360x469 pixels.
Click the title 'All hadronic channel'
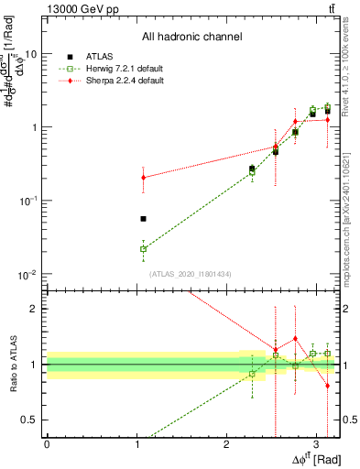pos(191,38)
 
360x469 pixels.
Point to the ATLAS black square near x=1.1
pos(143,219)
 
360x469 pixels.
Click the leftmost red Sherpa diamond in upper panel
pos(143,178)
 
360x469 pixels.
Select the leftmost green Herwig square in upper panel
pos(143,248)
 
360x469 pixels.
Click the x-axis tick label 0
pos(47,442)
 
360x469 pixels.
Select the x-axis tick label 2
pos(227,442)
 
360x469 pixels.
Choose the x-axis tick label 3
pos(317,442)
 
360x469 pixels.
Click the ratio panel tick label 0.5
pos(32,420)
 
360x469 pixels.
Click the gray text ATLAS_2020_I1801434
pos(191,274)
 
